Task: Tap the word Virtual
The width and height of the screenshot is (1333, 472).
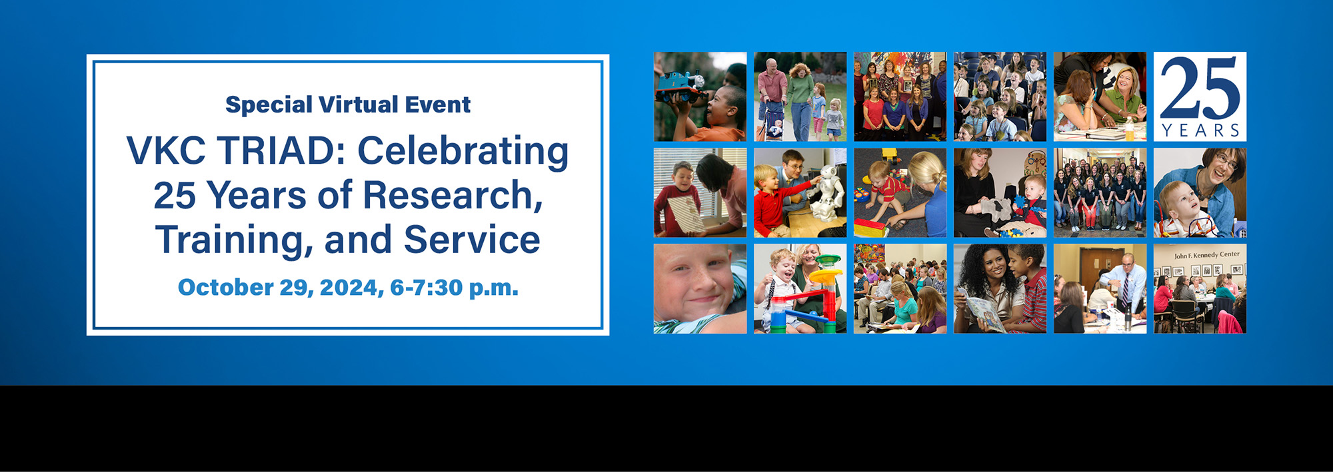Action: coord(359,104)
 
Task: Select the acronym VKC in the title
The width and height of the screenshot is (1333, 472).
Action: coord(166,150)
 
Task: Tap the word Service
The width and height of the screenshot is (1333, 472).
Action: coord(472,240)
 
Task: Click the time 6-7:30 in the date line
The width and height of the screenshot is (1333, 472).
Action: coord(426,288)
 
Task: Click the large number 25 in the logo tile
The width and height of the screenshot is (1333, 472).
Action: coord(1200,89)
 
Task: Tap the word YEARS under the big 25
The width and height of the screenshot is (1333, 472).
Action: coord(1200,130)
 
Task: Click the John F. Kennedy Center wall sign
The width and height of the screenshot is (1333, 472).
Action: coord(1207,254)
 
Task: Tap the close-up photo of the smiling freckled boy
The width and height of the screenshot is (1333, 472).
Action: coord(700,289)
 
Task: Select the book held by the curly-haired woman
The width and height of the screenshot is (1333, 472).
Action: coord(984,314)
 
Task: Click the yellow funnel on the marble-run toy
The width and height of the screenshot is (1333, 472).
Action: coord(824,274)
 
